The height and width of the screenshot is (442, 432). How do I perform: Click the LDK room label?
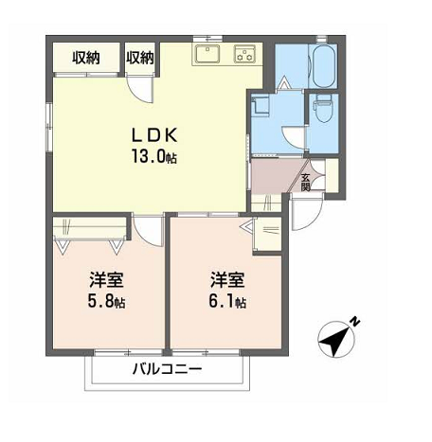click(154, 135)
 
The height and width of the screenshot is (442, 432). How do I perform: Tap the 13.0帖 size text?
click(154, 156)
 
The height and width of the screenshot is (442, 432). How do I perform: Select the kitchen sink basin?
click(207, 54)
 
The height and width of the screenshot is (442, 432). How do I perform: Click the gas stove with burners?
click(244, 54)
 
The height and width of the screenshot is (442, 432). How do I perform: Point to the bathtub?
click(324, 66)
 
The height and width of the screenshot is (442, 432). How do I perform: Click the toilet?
click(323, 109)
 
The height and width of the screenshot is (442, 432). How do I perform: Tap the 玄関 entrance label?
click(305, 183)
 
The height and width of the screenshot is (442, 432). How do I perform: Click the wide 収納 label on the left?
click(86, 58)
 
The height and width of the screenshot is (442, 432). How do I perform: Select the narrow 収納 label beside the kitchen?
click(140, 58)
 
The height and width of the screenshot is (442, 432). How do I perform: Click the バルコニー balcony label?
click(167, 369)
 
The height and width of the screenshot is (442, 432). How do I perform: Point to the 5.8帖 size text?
click(106, 302)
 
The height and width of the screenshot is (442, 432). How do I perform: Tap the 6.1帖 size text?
click(227, 302)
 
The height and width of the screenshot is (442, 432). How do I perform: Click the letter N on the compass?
click(355, 322)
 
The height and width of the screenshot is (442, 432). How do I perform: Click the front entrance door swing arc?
click(314, 220)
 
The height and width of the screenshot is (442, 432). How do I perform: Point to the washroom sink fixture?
click(260, 105)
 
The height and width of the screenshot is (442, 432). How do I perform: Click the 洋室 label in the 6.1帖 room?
click(227, 280)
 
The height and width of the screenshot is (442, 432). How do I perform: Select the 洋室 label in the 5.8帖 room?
click(106, 280)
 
